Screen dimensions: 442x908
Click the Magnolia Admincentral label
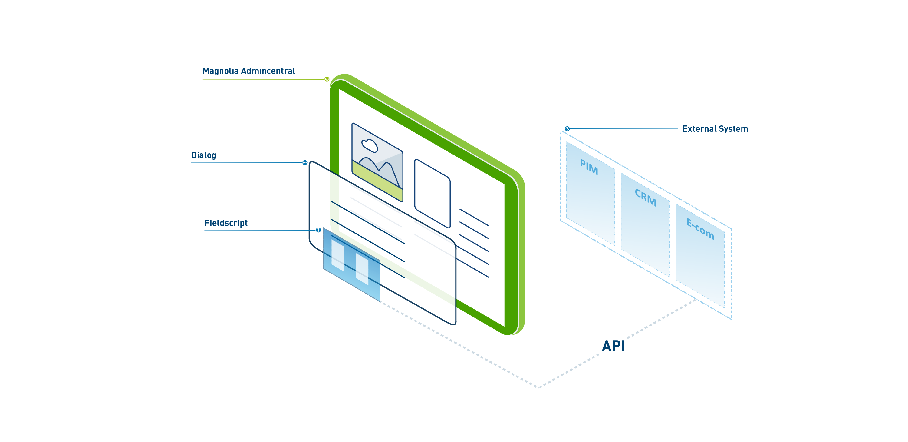(248, 71)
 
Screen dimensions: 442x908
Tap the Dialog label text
(203, 155)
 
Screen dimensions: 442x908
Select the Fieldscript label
(226, 223)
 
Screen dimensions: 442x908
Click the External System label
(715, 129)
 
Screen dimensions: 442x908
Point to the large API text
(613, 346)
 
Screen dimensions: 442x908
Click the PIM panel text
(589, 167)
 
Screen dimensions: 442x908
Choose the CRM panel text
(645, 198)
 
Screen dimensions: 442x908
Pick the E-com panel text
(700, 229)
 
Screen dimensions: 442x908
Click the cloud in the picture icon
(369, 145)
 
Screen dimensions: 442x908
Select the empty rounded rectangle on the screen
(432, 193)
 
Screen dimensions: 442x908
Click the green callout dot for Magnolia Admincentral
(327, 79)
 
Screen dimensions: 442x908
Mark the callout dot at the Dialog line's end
(305, 163)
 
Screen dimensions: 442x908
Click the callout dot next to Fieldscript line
(318, 230)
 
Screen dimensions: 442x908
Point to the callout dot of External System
(567, 129)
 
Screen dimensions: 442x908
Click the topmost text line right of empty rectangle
(474, 217)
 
